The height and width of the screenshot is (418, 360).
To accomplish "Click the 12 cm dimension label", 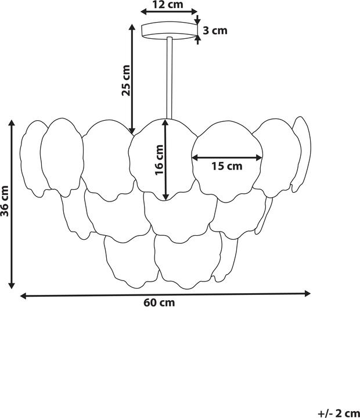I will click(167, 5).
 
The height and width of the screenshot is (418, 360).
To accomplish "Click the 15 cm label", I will click(226, 167).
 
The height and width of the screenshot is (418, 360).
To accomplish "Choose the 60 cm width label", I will click(159, 302).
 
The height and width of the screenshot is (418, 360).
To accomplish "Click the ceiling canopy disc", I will click(168, 30).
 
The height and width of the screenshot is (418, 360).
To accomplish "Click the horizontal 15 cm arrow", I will click(226, 157).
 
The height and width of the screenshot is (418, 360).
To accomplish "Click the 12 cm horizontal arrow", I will click(168, 12).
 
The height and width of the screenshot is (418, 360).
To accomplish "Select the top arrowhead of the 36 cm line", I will click(11, 123).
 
